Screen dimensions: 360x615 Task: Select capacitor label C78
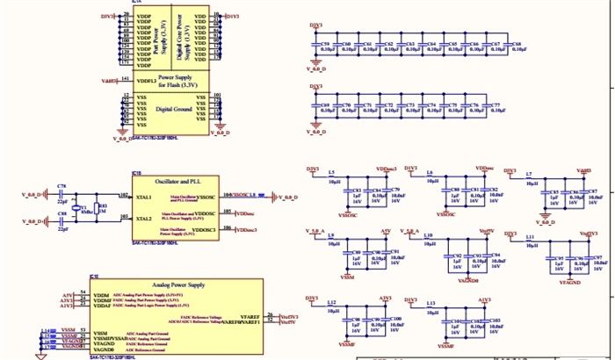click(x=61, y=187)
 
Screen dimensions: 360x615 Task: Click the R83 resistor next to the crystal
click(x=102, y=206)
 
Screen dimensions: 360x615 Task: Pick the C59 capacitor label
click(x=326, y=42)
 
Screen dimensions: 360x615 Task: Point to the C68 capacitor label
click(x=517, y=42)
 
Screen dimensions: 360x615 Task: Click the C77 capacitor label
click(x=496, y=104)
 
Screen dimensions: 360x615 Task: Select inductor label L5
click(x=331, y=173)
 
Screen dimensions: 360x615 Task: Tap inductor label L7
click(x=529, y=175)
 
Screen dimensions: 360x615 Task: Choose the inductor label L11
click(x=530, y=237)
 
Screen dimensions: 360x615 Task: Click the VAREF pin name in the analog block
click(x=249, y=315)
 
